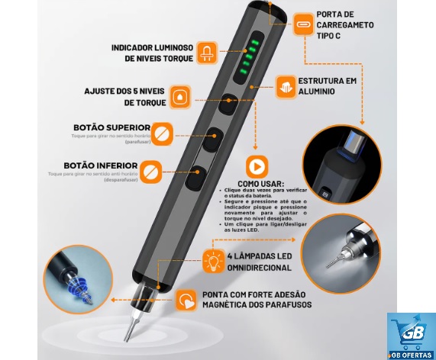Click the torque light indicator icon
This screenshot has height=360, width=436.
pos(205,52)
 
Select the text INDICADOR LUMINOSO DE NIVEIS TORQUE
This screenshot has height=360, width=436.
pos(152,53)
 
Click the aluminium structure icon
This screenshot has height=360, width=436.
pos(286,83)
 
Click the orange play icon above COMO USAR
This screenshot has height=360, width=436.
pos(257,167)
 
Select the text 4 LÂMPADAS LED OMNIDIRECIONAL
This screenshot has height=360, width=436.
pos(258,261)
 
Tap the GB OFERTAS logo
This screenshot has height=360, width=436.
pos(411,336)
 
